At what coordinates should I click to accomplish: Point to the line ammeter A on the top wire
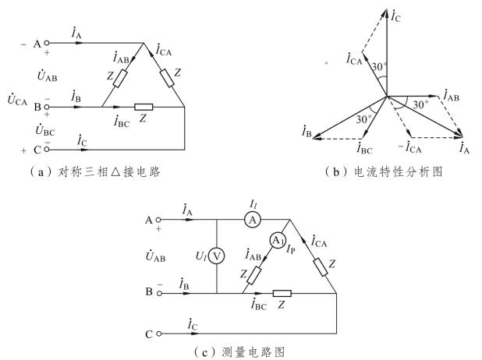coord(252,221)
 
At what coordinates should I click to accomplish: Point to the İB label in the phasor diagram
coord(307,135)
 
